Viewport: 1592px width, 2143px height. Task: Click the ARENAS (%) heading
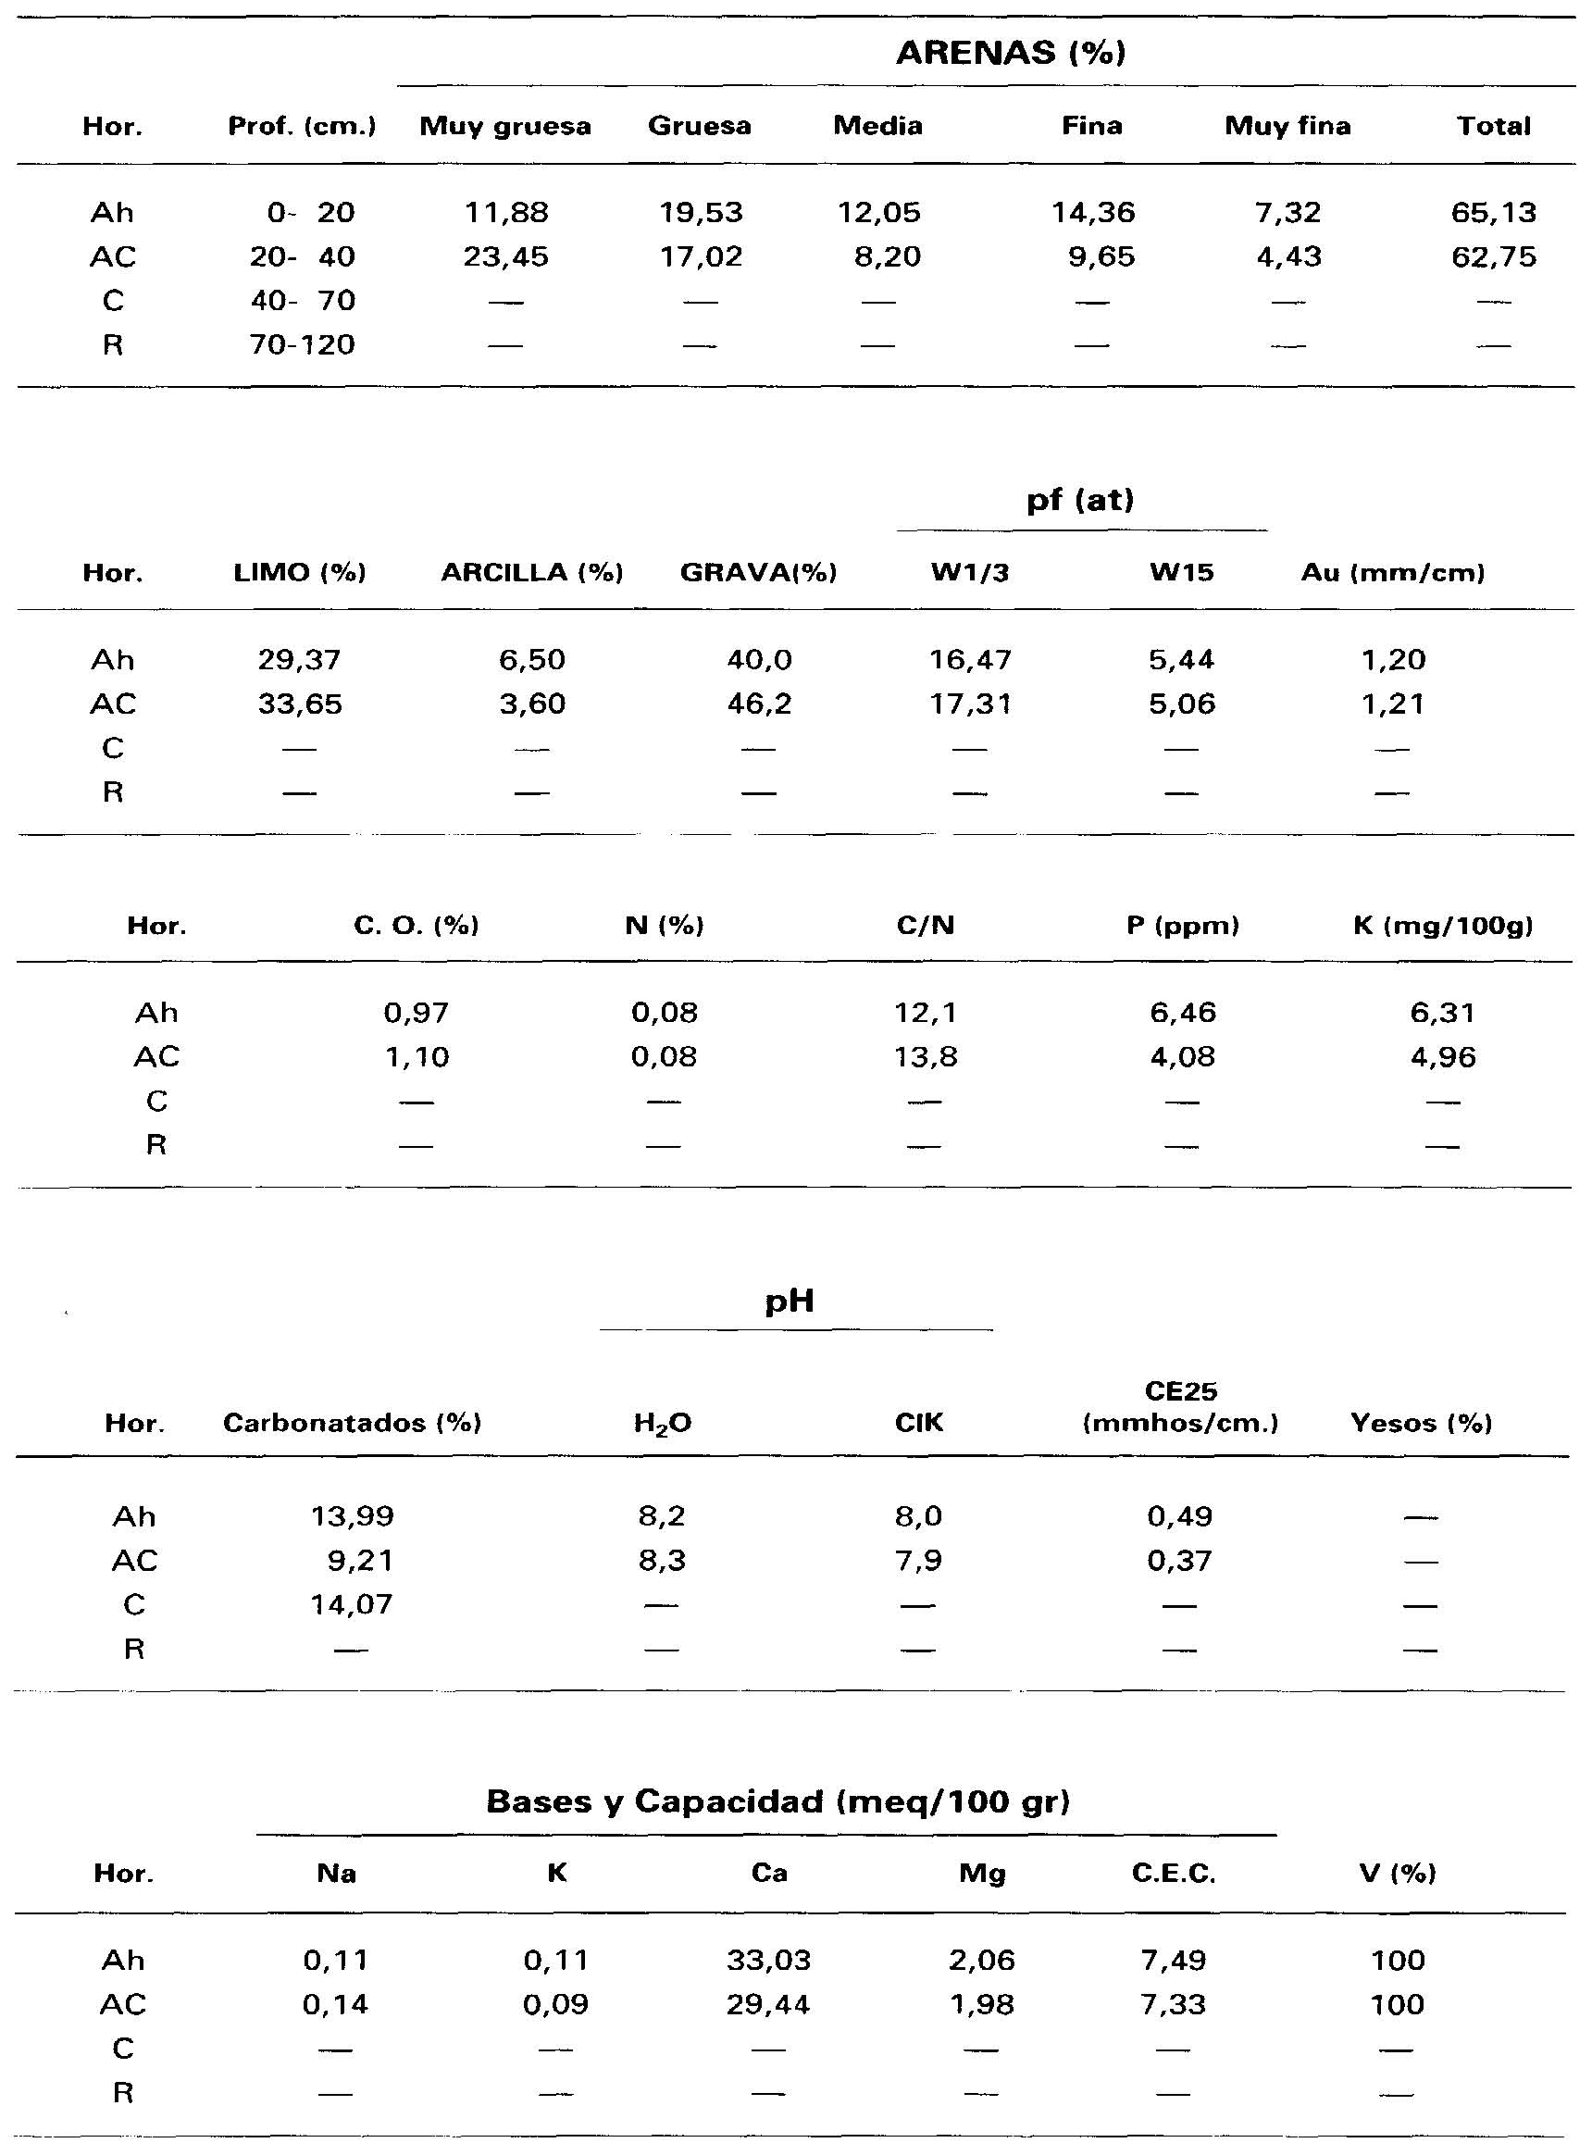pyautogui.click(x=1010, y=52)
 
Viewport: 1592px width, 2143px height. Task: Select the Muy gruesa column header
pyautogui.click(x=505, y=126)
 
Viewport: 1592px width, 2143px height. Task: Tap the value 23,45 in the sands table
pyautogui.click(x=505, y=257)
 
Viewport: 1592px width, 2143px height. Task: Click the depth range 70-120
pyautogui.click(x=303, y=345)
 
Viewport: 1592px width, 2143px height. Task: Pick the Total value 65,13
pyautogui.click(x=1493, y=213)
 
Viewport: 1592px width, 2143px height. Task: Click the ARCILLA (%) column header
pyautogui.click(x=532, y=573)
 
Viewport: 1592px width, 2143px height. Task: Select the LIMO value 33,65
pyautogui.click(x=300, y=704)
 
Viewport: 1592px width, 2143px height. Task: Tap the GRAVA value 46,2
pyautogui.click(x=758, y=704)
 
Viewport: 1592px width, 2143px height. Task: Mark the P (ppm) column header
pyautogui.click(x=1183, y=926)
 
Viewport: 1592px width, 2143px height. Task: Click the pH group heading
pyautogui.click(x=790, y=1302)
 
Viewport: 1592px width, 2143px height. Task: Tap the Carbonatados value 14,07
pyautogui.click(x=351, y=1604)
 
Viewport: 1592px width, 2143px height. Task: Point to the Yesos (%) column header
pyautogui.click(x=1421, y=1423)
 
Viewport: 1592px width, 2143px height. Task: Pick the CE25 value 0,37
pyautogui.click(x=1179, y=1560)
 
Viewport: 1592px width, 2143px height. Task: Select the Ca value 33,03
pyautogui.click(x=768, y=1961)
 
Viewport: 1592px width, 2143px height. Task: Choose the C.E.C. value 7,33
pyautogui.click(x=1173, y=2005)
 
